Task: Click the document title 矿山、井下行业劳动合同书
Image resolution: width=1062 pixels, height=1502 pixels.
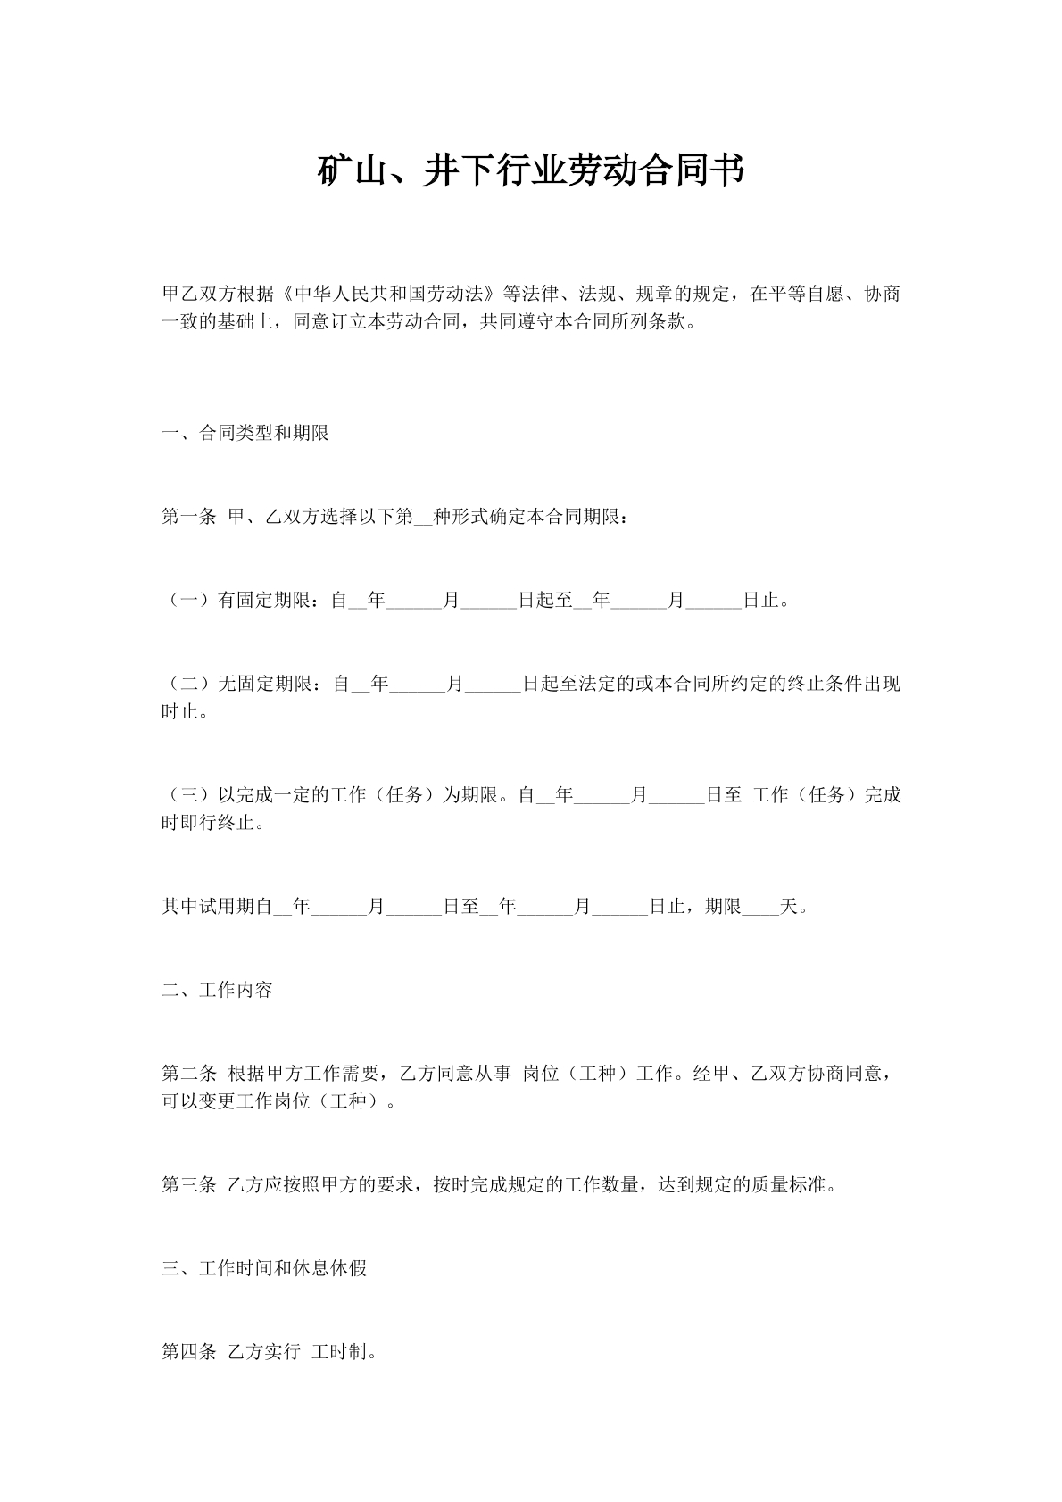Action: coord(531,170)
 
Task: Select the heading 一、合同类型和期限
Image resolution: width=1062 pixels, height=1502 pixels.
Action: coord(245,434)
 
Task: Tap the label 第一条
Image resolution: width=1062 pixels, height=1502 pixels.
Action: coord(188,517)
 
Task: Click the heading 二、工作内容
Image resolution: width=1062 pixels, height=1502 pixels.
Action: coord(217,990)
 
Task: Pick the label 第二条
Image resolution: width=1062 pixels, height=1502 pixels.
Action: coord(188,1074)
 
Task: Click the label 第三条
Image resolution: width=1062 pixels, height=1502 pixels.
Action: coord(188,1185)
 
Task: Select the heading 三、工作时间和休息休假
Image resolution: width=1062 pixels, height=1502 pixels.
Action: coord(264,1268)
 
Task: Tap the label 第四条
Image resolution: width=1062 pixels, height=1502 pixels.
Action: coord(188,1352)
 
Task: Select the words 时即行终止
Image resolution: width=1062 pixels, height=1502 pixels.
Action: coord(208,823)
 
